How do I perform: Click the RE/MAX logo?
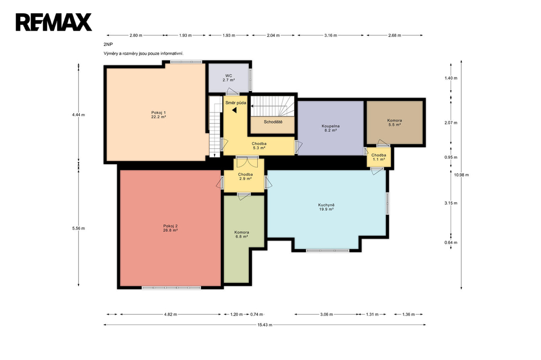point(54,22)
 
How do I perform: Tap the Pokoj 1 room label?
point(158,115)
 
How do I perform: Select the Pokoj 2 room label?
point(171,228)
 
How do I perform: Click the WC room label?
point(229,78)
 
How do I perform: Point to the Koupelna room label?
point(330,128)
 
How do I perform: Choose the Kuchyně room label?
point(326,207)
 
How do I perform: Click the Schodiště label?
point(273,122)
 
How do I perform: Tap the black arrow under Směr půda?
point(234,110)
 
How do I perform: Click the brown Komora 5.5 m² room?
point(394,122)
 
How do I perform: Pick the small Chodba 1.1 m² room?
point(378,157)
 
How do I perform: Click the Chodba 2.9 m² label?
point(245,176)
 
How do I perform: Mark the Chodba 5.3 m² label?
point(259,146)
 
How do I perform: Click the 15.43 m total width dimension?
point(265,325)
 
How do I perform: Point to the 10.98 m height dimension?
point(461,175)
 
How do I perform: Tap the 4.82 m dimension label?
point(171,315)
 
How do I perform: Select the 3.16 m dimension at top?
point(331,35)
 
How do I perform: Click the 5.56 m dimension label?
point(79,228)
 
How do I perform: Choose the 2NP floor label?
point(108,44)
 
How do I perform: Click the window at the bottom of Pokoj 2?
point(171,288)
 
